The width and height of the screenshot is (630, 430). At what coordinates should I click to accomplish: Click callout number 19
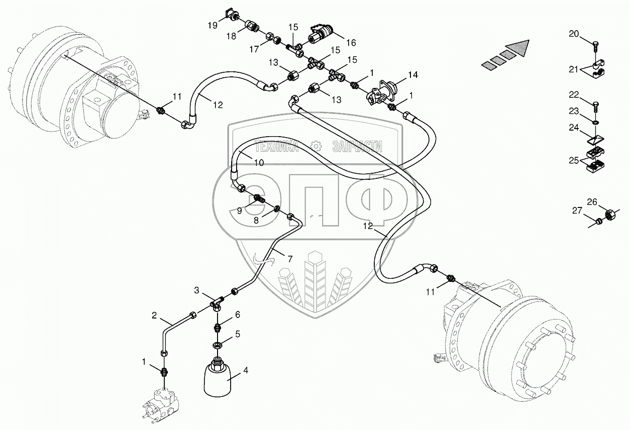(213, 25)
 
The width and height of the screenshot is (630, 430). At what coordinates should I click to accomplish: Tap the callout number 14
(412, 75)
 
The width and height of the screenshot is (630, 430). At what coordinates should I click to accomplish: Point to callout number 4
(246, 371)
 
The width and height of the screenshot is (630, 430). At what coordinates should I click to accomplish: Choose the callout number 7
(290, 259)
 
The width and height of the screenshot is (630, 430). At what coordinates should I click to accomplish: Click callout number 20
(574, 34)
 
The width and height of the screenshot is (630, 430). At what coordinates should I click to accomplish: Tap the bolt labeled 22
(596, 106)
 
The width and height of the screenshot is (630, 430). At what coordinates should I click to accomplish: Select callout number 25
(574, 161)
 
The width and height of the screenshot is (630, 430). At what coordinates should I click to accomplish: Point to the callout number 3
(197, 290)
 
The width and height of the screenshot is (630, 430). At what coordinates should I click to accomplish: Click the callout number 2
(155, 316)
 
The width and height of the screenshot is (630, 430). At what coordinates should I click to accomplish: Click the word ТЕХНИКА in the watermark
(276, 147)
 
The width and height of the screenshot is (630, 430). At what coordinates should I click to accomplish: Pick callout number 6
(237, 314)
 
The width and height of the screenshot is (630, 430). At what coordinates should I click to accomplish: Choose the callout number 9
(240, 210)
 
